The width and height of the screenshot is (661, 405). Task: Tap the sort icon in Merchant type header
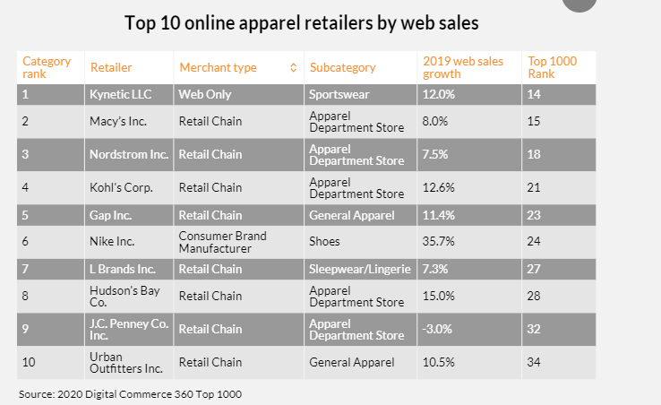coord(293,67)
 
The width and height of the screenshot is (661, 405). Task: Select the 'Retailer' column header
coord(111,67)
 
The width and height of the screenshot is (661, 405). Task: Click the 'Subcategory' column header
coord(342,67)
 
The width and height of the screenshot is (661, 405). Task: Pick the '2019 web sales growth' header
coord(462,67)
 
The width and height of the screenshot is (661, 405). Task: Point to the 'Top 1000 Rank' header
coord(552,67)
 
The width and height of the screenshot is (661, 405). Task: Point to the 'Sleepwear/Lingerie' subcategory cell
coord(359,269)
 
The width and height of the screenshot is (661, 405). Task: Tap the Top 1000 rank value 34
coord(536,362)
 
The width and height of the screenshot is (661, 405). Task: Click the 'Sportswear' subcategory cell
coord(339,93)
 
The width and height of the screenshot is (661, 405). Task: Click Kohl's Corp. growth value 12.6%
coord(439,187)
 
